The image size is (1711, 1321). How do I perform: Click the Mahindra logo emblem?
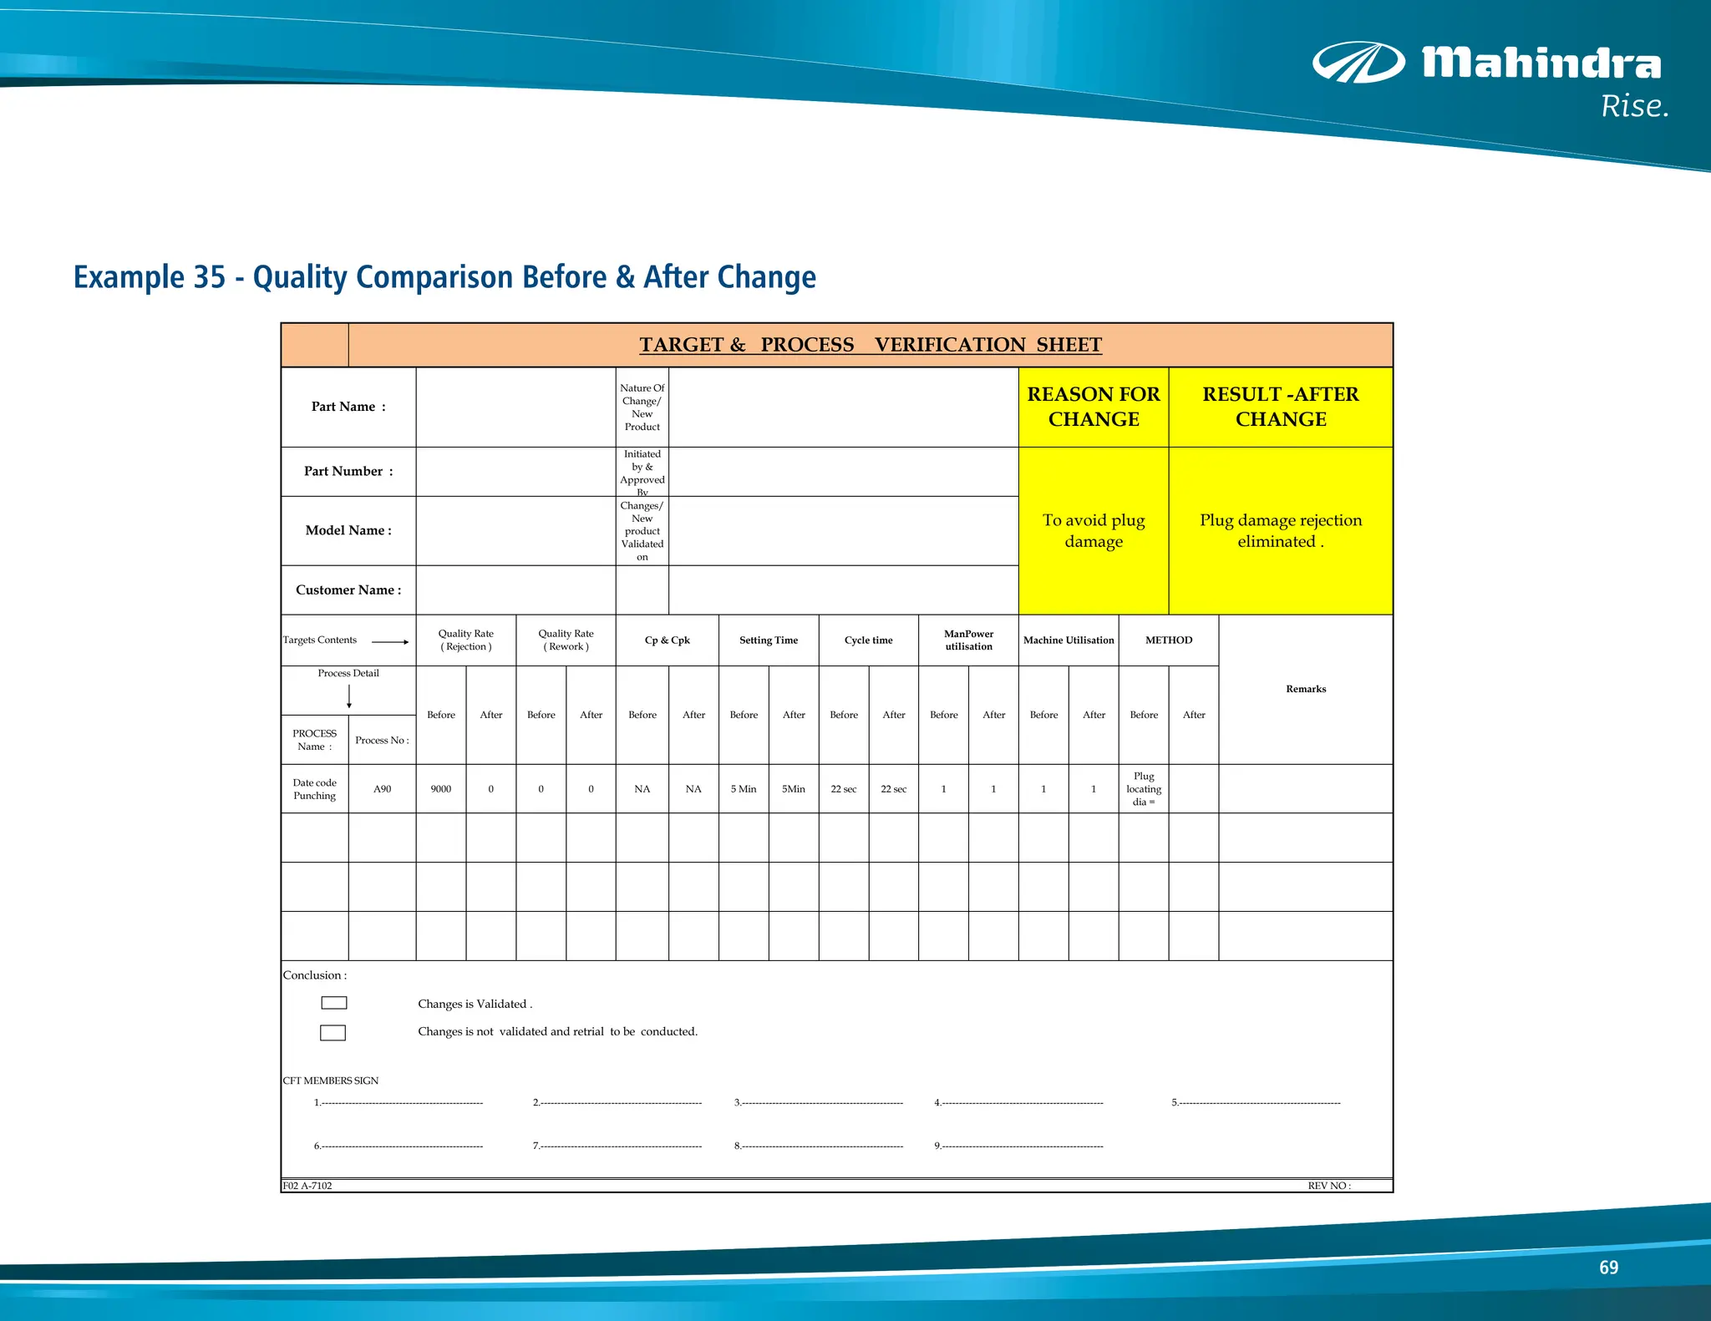pyautogui.click(x=1358, y=63)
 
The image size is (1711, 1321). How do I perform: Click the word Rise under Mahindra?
pyautogui.click(x=1634, y=107)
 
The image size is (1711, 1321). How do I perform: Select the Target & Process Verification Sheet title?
pyautogui.click(x=871, y=345)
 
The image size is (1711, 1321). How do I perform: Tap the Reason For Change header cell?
pyautogui.click(x=1093, y=407)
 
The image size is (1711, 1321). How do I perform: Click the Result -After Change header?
pyautogui.click(x=1280, y=407)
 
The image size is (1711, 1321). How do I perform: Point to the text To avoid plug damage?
pyautogui.click(x=1093, y=530)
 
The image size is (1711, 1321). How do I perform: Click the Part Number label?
pyautogui.click(x=348, y=471)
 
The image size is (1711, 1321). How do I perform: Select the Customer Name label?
pyautogui.click(x=348, y=590)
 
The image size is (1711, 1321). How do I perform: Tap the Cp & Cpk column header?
pyautogui.click(x=667, y=640)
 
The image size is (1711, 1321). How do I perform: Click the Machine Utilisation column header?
pyautogui.click(x=1068, y=640)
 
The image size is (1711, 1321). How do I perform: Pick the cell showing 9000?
pyautogui.click(x=440, y=789)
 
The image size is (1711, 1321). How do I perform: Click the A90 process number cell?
pyautogui.click(x=382, y=789)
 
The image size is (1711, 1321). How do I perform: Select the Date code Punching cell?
pyautogui.click(x=314, y=789)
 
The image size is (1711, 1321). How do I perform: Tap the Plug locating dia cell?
pyautogui.click(x=1143, y=789)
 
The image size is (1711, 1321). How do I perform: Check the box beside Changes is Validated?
pyautogui.click(x=333, y=1003)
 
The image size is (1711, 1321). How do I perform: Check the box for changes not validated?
pyautogui.click(x=333, y=1033)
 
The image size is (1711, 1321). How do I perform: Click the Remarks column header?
pyautogui.click(x=1305, y=689)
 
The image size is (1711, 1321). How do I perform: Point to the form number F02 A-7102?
pyautogui.click(x=307, y=1186)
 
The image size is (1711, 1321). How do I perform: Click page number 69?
pyautogui.click(x=1608, y=1268)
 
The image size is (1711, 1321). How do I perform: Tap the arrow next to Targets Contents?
pyautogui.click(x=390, y=641)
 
